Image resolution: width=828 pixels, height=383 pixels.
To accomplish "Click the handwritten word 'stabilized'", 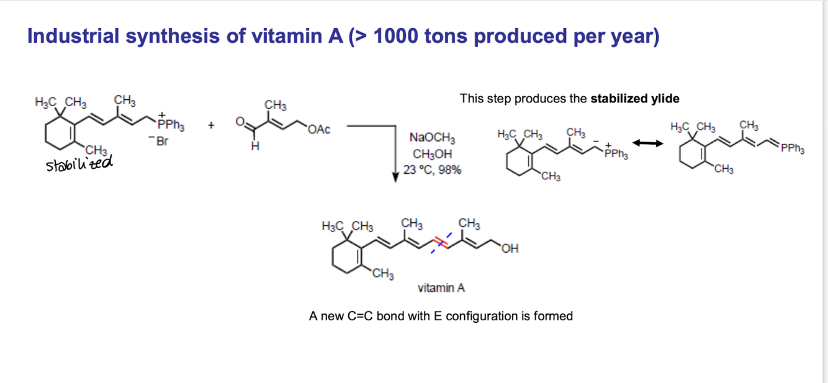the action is (x=79, y=163).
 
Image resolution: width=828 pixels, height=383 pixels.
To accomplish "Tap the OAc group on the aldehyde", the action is (x=318, y=129).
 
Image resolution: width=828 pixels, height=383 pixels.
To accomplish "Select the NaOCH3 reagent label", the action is (x=432, y=138).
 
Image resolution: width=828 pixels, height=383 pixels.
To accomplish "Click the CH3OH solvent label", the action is (x=432, y=154).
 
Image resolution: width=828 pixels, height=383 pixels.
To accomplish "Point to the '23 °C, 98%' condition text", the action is (x=432, y=169).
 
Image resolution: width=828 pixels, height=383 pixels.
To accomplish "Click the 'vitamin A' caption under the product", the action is (x=441, y=287).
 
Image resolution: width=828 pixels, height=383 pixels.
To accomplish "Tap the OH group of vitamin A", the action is (x=510, y=248).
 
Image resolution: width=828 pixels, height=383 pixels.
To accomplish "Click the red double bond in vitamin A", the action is (x=441, y=243).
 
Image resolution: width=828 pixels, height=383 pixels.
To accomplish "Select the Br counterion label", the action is (x=159, y=141).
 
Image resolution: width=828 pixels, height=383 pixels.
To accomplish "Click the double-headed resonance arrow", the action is (x=647, y=143).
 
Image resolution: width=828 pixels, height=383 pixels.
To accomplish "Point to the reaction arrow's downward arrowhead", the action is (x=395, y=177).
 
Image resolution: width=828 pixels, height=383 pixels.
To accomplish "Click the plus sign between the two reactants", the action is (x=211, y=125).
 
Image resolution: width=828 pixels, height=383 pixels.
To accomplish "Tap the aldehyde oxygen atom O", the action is (x=240, y=121).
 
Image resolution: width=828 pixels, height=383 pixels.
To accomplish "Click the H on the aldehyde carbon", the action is (x=255, y=146).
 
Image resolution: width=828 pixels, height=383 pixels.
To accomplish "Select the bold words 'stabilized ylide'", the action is (x=635, y=99).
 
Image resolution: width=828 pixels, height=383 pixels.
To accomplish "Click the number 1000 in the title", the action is (x=395, y=36).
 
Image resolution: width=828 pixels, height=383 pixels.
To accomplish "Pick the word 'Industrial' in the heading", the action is (x=73, y=36).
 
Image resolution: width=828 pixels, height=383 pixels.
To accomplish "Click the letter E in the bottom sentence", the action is (x=438, y=316).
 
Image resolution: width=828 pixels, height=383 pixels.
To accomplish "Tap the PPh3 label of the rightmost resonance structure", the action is (x=793, y=148).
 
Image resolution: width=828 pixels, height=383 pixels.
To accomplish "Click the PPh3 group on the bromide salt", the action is (x=171, y=125).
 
